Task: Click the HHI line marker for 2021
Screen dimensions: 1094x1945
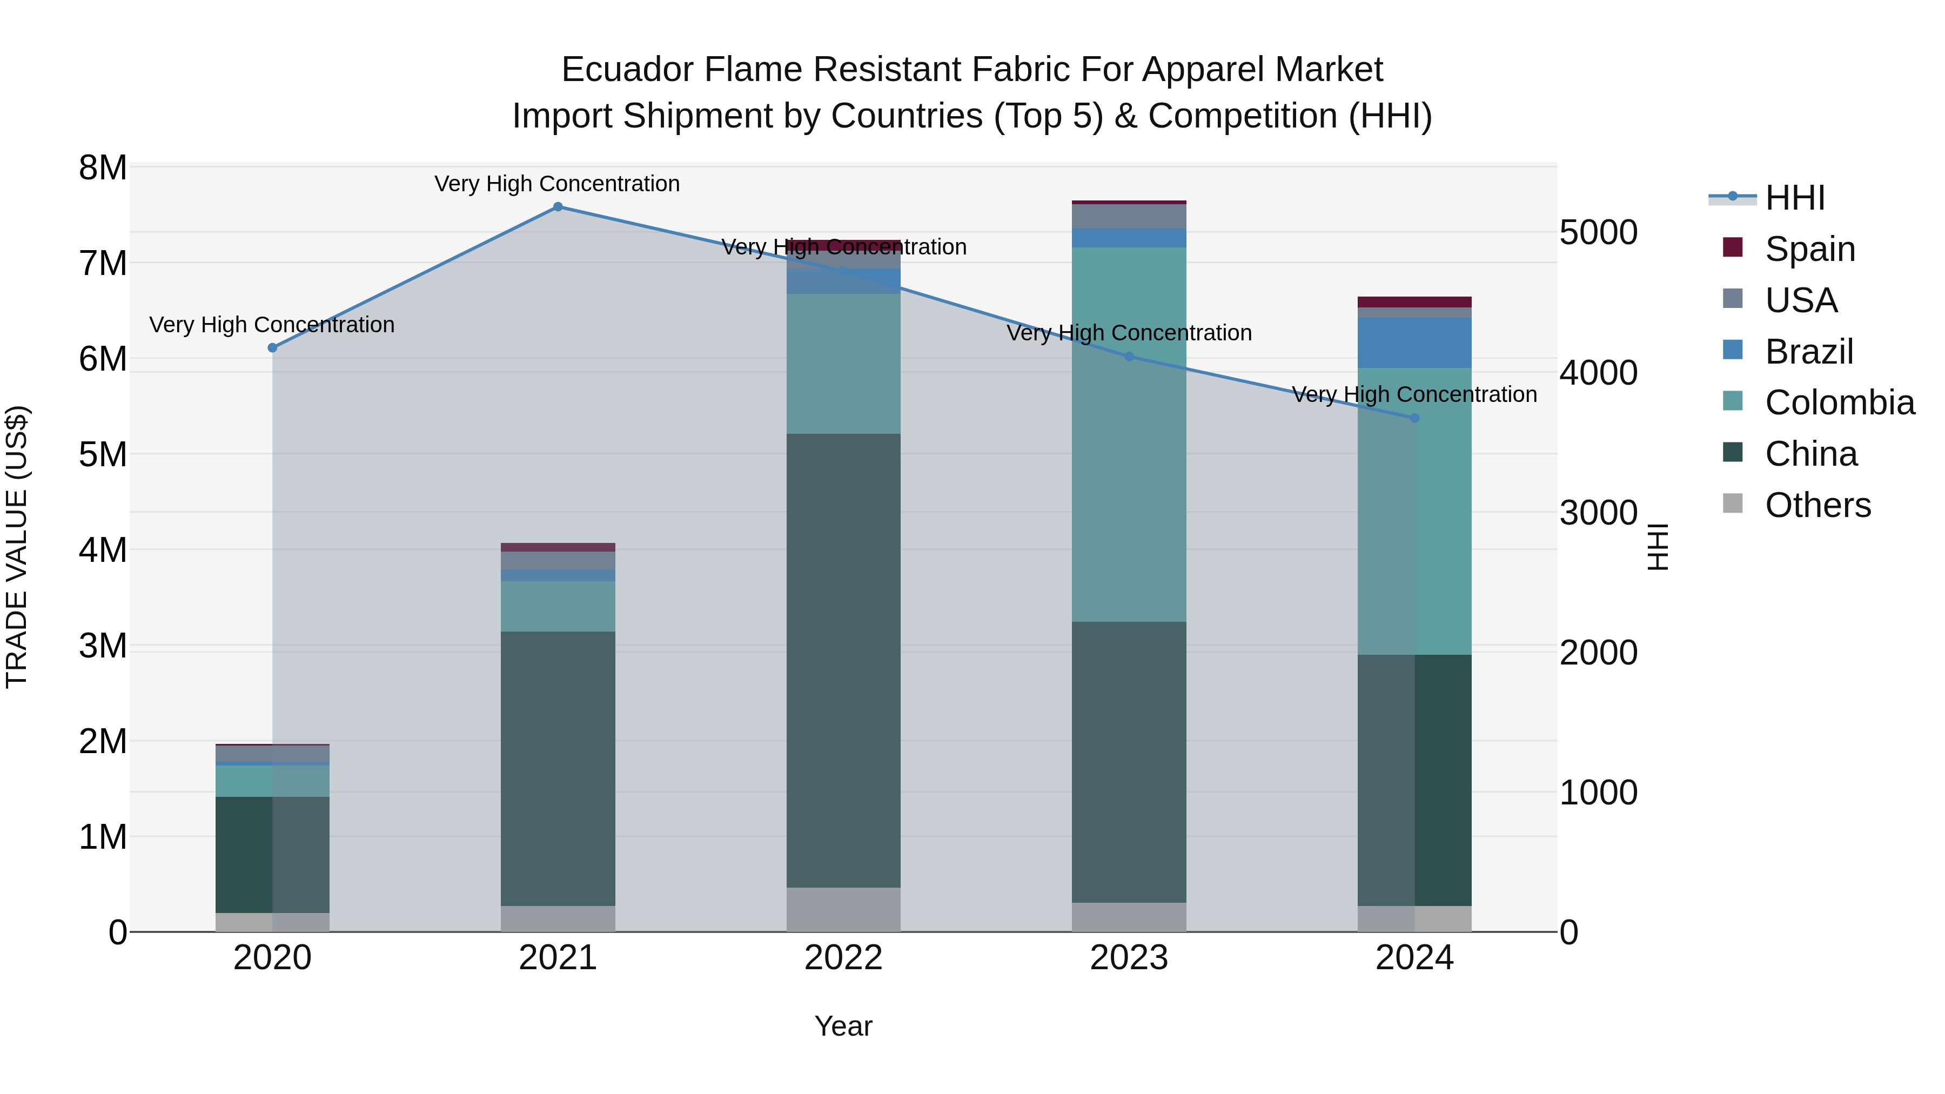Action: tap(558, 207)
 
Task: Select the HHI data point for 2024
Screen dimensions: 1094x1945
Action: tap(1414, 418)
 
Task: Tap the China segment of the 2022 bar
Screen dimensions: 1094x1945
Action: tap(843, 661)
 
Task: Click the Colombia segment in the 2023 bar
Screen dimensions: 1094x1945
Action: tap(1129, 434)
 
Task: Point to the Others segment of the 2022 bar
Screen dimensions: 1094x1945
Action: tap(843, 909)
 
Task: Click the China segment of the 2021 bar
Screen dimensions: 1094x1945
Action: tap(558, 769)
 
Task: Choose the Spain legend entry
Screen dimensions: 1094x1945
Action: tap(1809, 249)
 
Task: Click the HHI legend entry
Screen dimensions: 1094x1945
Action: tap(1794, 198)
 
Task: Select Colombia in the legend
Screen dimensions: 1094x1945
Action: tap(1839, 402)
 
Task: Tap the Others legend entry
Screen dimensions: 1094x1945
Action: tap(1816, 505)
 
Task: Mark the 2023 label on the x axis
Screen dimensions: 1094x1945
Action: tap(1129, 958)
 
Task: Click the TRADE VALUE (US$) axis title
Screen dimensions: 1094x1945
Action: tap(17, 547)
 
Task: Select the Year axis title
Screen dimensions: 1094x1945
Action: tap(843, 1026)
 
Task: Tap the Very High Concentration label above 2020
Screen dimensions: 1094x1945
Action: tap(272, 325)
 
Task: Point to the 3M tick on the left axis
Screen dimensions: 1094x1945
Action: tap(103, 646)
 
